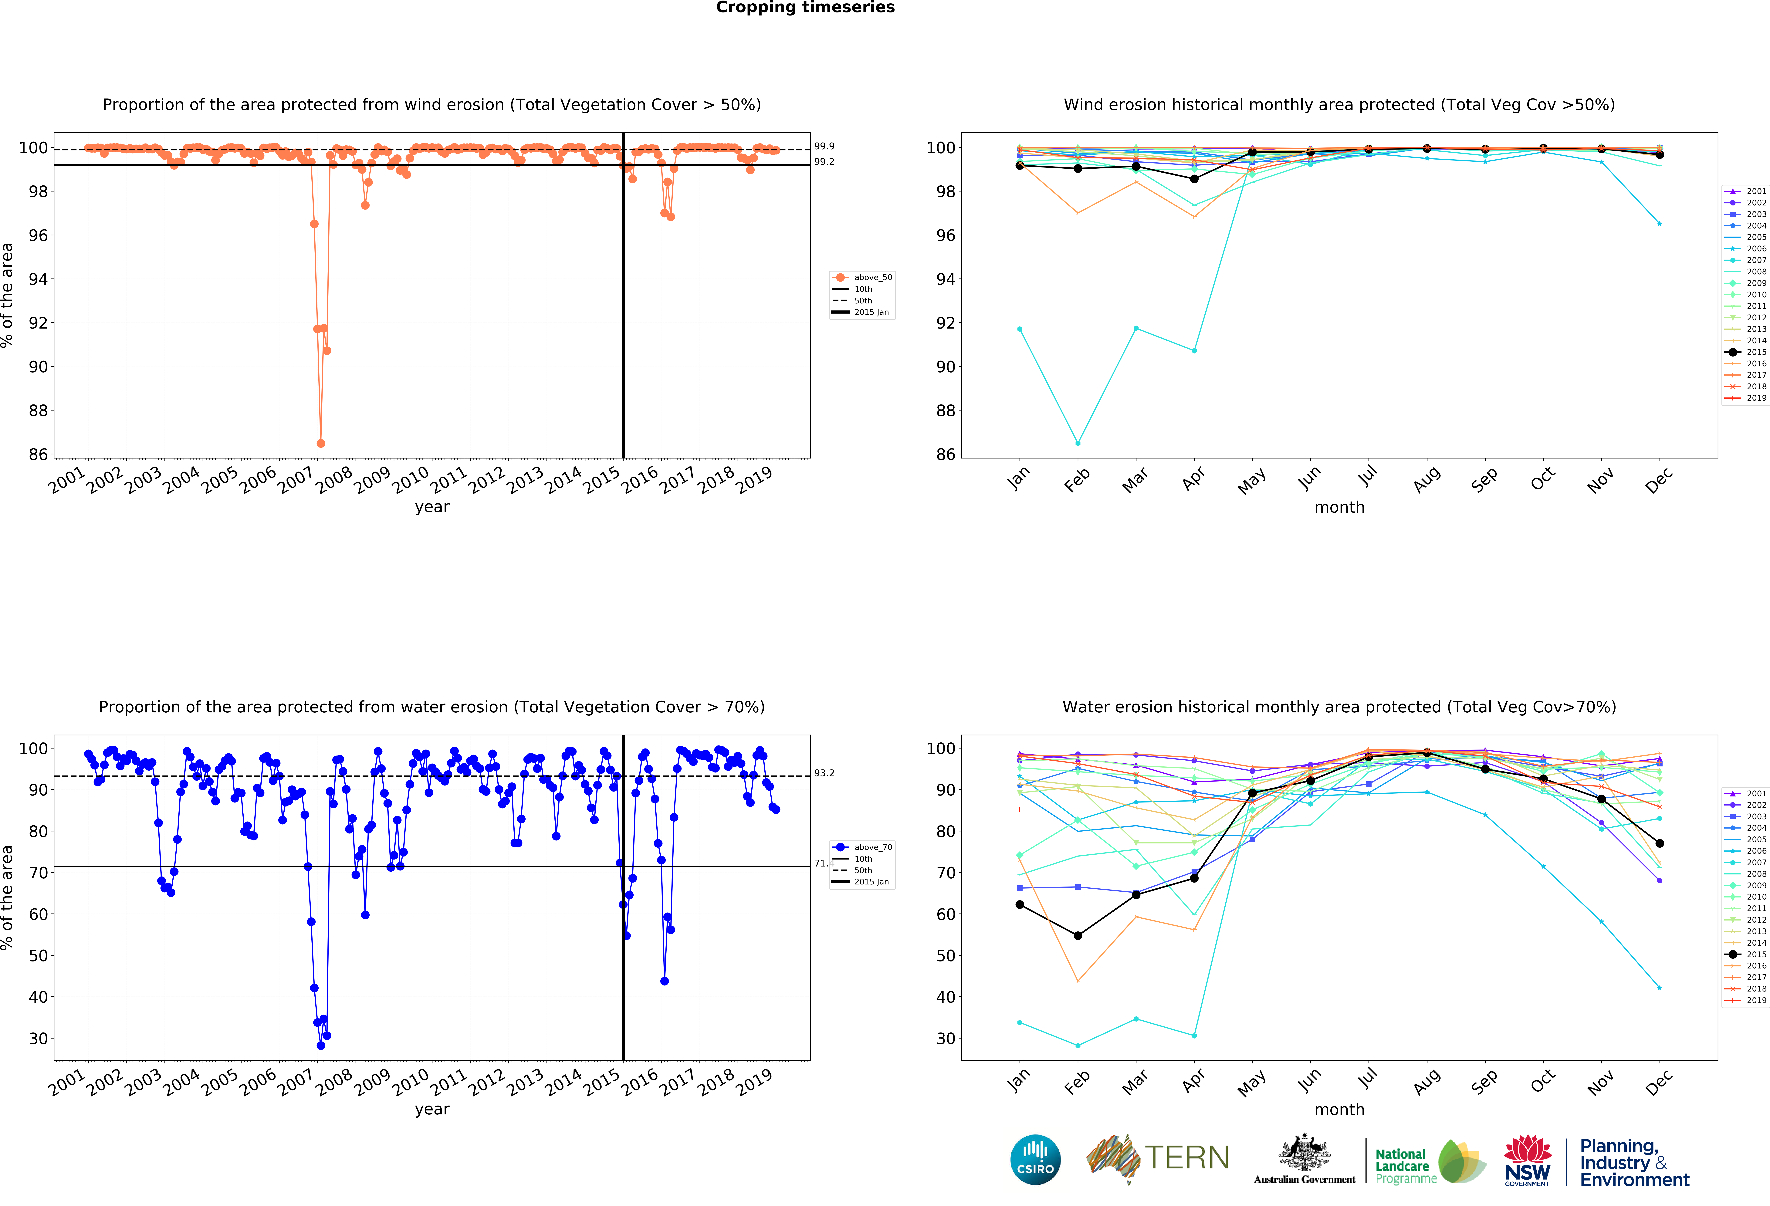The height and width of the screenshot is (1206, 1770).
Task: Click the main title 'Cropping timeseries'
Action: (x=805, y=8)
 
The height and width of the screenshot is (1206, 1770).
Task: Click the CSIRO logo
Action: (x=1035, y=1160)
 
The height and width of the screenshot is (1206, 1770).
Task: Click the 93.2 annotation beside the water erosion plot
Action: (x=824, y=773)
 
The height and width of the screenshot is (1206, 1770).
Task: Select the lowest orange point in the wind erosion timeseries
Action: (x=321, y=443)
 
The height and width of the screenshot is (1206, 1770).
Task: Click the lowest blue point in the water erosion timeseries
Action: (x=321, y=1045)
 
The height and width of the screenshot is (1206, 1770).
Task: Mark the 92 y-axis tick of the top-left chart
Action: (x=38, y=323)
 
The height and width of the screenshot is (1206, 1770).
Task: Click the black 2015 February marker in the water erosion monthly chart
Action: (x=1078, y=936)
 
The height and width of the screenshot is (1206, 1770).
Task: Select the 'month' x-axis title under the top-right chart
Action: (x=1339, y=507)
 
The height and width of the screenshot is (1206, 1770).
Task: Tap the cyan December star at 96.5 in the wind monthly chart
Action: (x=1660, y=224)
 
